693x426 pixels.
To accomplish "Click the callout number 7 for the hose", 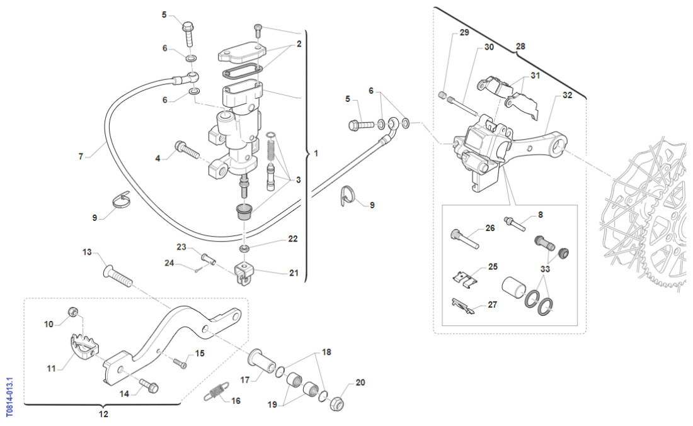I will pos(81,156).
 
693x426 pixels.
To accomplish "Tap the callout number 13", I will pos(88,252).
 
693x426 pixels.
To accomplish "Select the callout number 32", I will pos(567,96).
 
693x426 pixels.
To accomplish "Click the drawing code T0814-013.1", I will pos(9,397).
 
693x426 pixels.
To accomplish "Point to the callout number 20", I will pos(360,382).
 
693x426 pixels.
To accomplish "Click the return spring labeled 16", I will pos(215,391).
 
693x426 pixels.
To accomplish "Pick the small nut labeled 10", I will pos(73,311).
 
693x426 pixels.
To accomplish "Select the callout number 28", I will pos(520,46).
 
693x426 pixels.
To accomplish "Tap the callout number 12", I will pos(104,414).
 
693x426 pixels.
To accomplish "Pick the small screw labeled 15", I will pos(179,362).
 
